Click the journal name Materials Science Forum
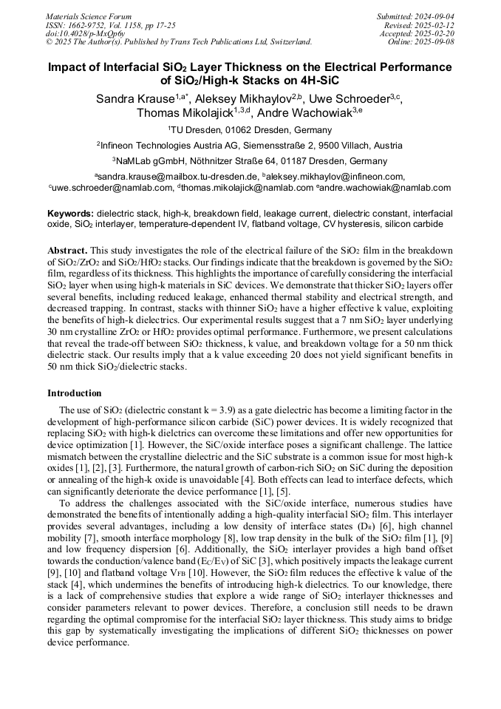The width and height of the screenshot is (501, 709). (89, 16)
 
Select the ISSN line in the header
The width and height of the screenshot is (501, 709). (110, 25)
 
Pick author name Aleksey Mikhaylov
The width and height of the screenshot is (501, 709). (236, 99)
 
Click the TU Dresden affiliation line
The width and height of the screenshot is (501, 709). (250, 130)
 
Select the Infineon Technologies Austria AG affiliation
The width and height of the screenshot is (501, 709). (250, 146)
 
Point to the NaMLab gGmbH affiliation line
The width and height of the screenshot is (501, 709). (250, 161)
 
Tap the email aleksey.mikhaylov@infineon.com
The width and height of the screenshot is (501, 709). (337, 177)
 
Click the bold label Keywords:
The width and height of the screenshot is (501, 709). (71, 214)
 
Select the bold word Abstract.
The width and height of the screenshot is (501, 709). (67, 251)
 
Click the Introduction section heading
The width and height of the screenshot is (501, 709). (74, 393)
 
